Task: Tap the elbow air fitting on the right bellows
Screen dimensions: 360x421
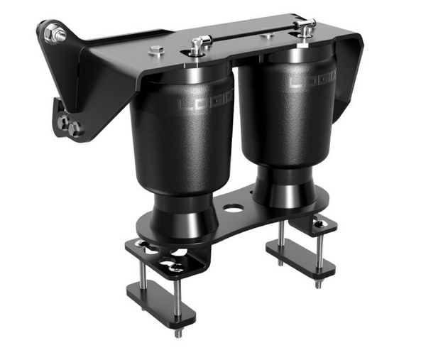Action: coord(306,28)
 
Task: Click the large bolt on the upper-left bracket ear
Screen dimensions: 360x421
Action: coord(53,33)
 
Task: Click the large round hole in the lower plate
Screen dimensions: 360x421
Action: coord(232,209)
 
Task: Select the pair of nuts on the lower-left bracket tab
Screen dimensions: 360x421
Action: coord(69,126)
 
